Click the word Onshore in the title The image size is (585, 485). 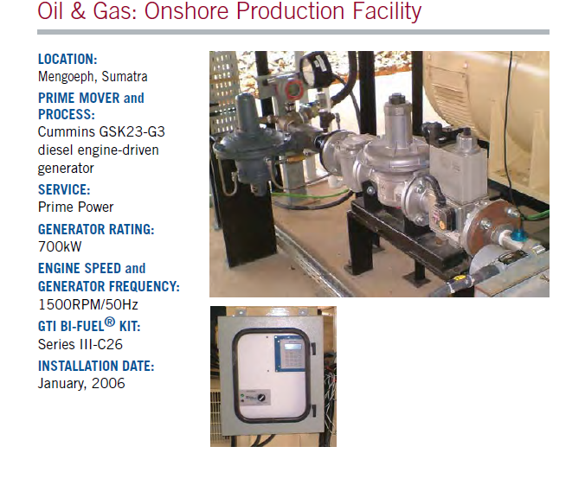coord(186,11)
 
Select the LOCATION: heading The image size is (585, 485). coord(67,59)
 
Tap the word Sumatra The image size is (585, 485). coord(125,76)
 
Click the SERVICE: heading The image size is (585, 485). coord(64,189)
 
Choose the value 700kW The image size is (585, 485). coord(60,246)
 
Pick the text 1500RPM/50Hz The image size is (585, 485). coord(88,304)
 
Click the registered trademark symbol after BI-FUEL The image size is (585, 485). coord(110,322)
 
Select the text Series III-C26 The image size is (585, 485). coord(80,344)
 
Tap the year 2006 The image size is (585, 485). coord(108,383)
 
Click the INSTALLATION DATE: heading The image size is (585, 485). coord(96,366)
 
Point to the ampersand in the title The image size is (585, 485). coord(78,11)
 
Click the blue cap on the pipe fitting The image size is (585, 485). coord(517,235)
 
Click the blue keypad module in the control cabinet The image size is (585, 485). coord(291,353)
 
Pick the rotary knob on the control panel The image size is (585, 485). coord(262,398)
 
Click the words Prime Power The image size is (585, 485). coord(76,207)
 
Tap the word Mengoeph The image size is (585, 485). coord(67,76)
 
